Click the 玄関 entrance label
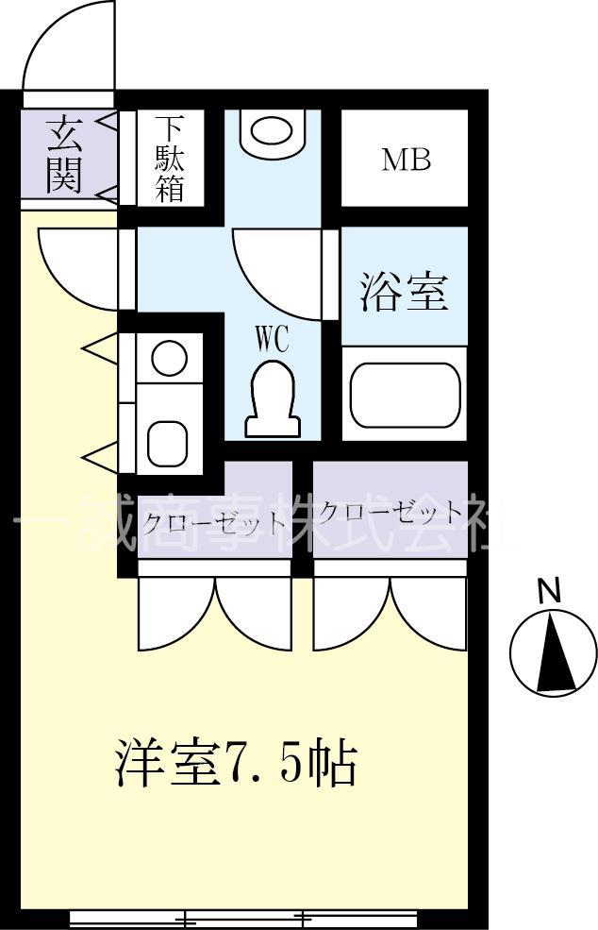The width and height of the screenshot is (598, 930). coord(63,154)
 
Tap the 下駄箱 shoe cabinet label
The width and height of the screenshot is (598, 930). coord(170,158)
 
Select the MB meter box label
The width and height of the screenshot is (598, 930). coord(406,160)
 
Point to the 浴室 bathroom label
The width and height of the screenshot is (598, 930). coord(404,292)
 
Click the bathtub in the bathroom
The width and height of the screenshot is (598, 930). coord(405,395)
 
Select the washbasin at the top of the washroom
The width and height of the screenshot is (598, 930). coord(272,130)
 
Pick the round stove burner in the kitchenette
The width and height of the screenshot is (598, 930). coord(171,360)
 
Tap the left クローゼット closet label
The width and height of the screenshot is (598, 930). coord(214,521)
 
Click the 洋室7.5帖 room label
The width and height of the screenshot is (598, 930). coord(236,764)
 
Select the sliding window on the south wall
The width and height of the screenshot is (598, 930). coord(244,917)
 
